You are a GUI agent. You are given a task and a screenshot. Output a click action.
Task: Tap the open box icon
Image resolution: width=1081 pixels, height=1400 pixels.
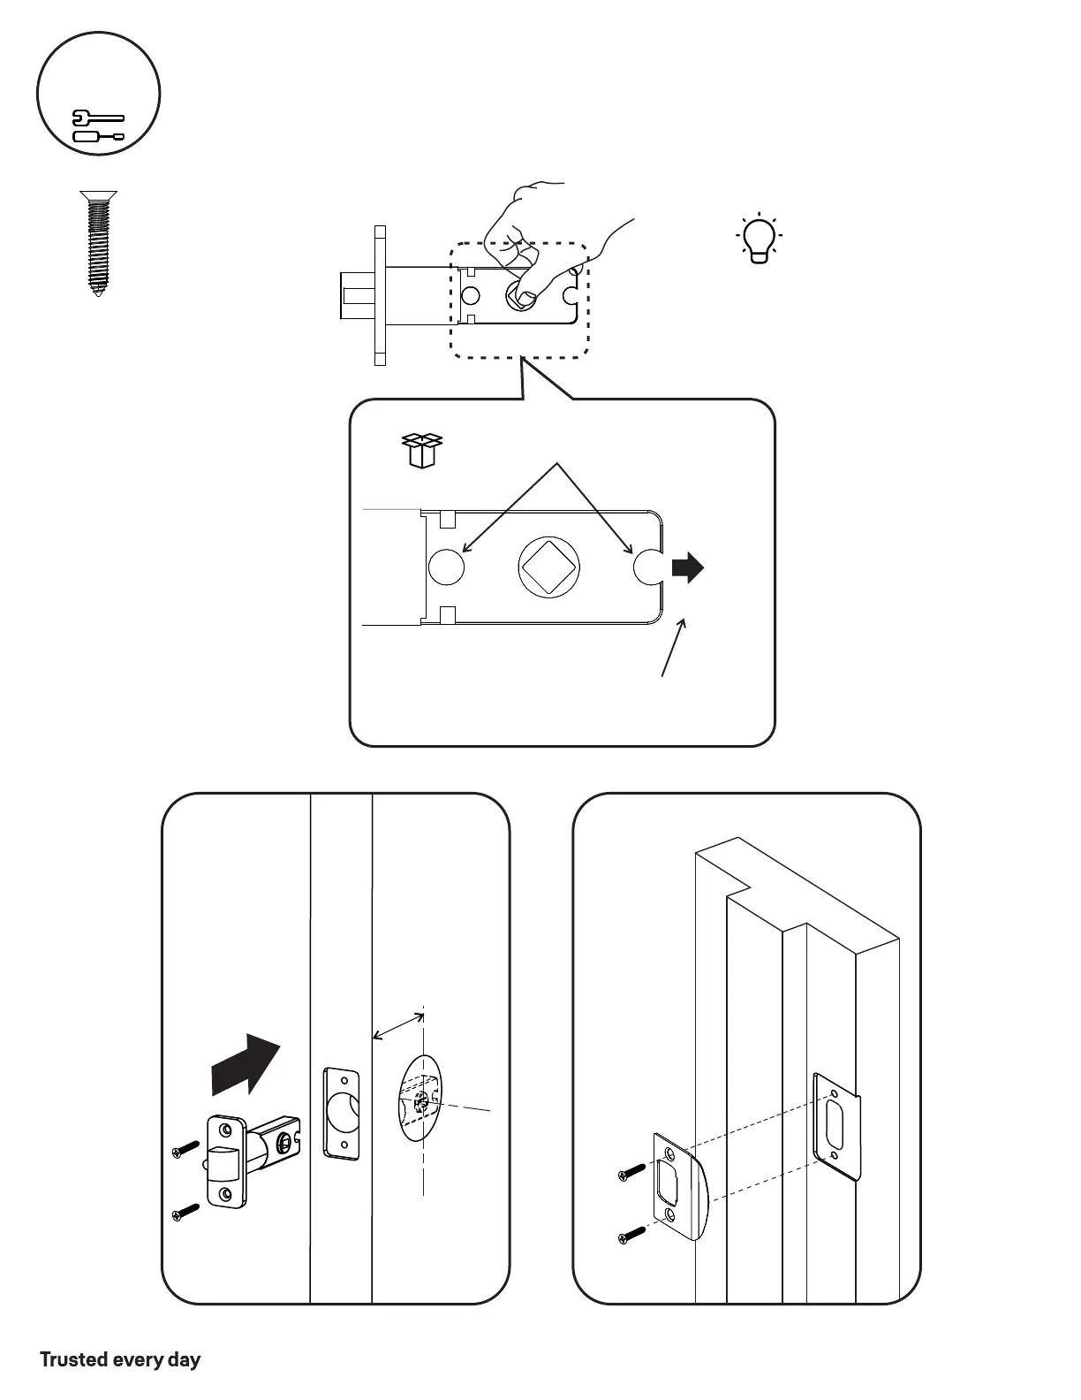pos(421,451)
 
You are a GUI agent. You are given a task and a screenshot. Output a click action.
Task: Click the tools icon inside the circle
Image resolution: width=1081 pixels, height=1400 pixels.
pos(98,126)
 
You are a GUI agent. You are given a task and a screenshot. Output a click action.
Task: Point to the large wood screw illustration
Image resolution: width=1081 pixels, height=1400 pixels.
pos(98,242)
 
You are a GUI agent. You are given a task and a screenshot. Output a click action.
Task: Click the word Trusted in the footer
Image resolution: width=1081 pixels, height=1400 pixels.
pos(73,1359)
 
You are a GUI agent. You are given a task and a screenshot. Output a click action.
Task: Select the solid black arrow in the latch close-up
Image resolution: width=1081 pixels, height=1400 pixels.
pos(688,567)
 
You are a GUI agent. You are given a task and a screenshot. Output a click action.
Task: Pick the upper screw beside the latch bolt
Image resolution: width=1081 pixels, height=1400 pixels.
pos(186,1149)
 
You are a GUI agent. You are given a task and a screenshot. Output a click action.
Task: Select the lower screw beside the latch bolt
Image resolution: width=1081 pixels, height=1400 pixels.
pos(186,1214)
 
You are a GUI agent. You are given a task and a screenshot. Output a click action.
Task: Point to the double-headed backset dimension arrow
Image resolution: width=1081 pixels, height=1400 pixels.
pos(398,1027)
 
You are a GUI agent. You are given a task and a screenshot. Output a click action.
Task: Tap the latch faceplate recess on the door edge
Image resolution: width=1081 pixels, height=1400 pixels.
pos(342,1114)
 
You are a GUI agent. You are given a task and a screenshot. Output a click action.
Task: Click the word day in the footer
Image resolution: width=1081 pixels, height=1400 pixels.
pos(184,1359)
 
